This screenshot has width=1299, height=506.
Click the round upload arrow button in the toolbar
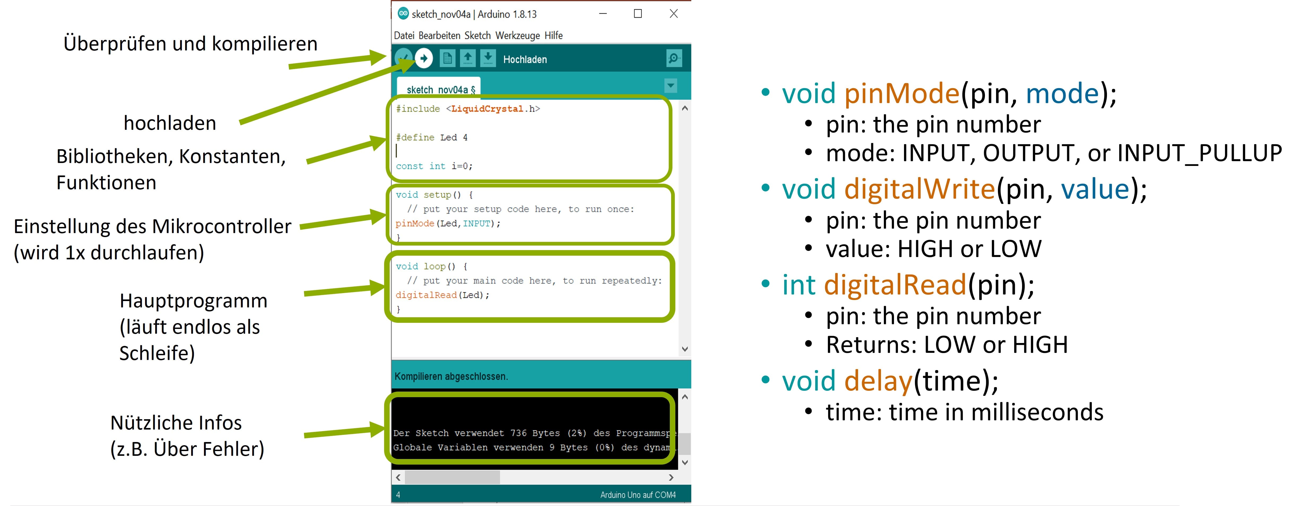pyautogui.click(x=424, y=58)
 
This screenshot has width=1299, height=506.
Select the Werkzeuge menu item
pyautogui.click(x=517, y=35)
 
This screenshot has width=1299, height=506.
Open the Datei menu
pyautogui.click(x=404, y=35)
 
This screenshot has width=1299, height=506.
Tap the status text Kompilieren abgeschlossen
pyautogui.click(x=451, y=376)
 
